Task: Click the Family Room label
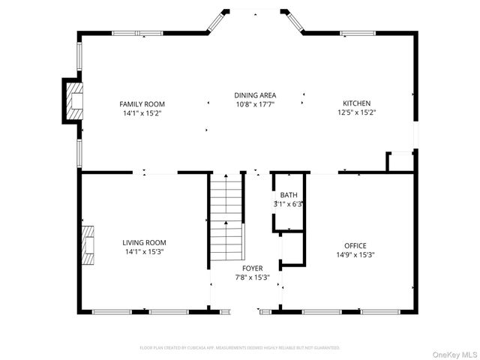(x=142, y=103)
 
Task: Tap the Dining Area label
(x=255, y=95)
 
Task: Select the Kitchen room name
(x=357, y=103)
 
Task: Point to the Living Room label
(x=144, y=242)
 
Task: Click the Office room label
(x=355, y=245)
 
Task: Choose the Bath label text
(x=289, y=195)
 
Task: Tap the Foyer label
(x=252, y=268)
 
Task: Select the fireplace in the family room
(x=73, y=100)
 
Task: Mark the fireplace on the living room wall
(x=87, y=245)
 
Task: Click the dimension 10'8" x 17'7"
(x=255, y=105)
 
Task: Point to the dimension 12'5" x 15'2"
(x=357, y=113)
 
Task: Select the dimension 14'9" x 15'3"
(x=355, y=255)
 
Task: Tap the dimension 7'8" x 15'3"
(x=252, y=277)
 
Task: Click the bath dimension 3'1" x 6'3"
(x=289, y=204)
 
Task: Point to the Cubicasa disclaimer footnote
(x=240, y=348)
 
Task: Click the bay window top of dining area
(x=256, y=11)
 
